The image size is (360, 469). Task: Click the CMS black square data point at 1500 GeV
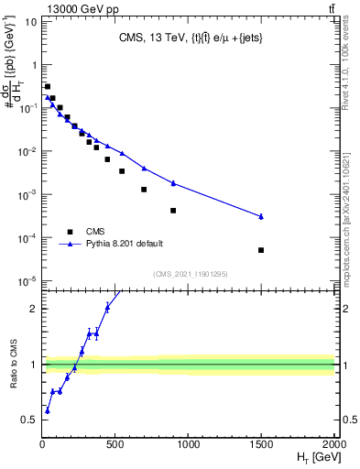pos(261,250)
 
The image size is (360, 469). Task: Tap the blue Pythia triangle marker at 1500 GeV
pos(261,216)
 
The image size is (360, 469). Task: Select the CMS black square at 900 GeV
pos(173,210)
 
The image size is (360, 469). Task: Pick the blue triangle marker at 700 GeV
pos(144,168)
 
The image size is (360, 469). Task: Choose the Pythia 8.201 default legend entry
pos(128,245)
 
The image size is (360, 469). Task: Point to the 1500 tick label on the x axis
pos(261,445)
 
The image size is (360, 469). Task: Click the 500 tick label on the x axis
pos(115,445)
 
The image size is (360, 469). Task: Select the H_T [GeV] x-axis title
pos(315,458)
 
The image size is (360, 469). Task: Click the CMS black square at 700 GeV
pos(144,190)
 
